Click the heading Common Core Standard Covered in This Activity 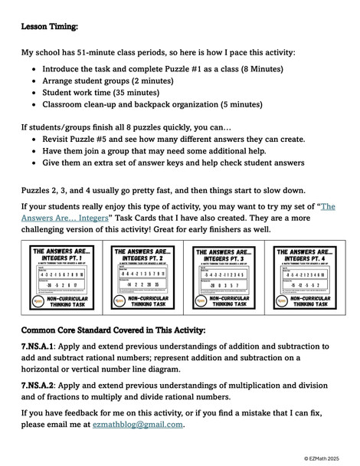[x=113, y=330]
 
